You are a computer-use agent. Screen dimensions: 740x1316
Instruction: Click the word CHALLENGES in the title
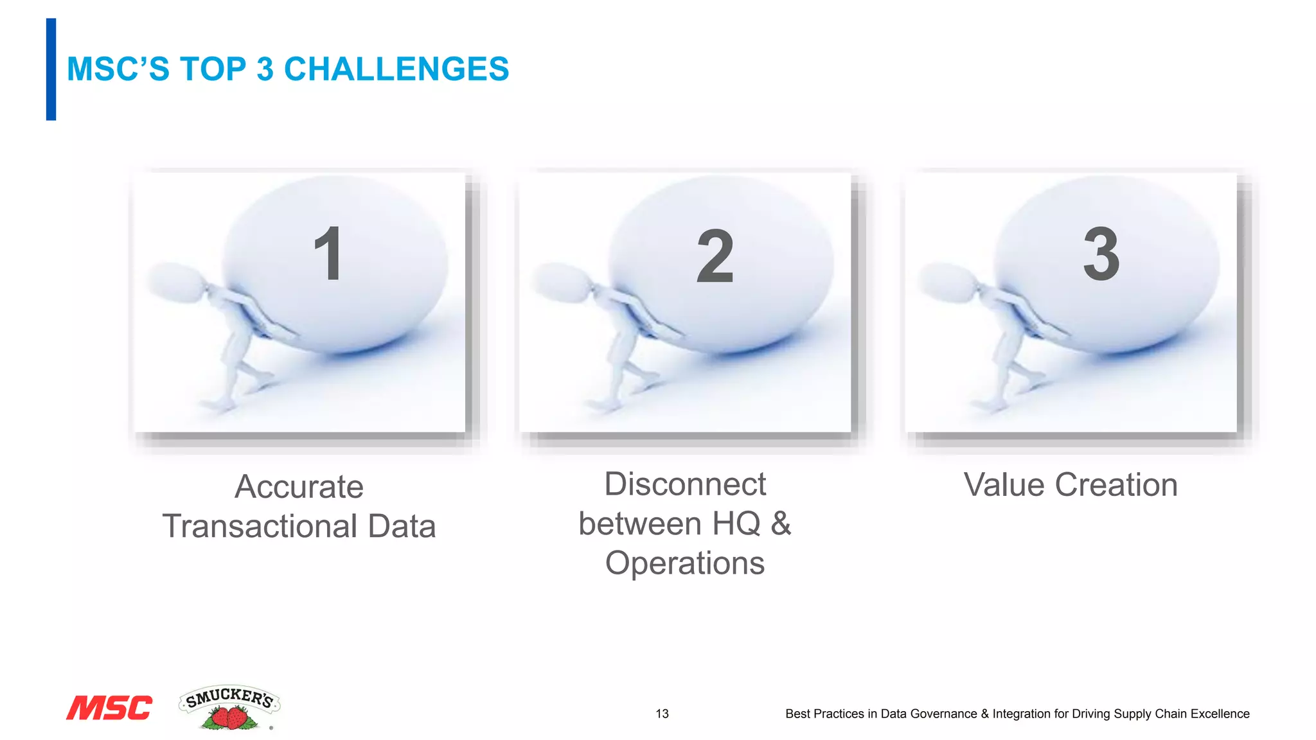coord(396,69)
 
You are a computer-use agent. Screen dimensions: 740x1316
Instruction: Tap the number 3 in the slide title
coord(265,69)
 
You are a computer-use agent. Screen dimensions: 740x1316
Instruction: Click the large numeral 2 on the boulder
coord(715,256)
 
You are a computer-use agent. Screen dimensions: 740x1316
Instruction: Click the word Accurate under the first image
coord(299,486)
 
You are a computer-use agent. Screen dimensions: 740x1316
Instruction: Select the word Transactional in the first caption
coord(260,526)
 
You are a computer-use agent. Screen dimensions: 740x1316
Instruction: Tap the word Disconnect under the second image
coord(685,484)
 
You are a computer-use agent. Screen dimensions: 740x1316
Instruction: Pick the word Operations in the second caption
coord(685,563)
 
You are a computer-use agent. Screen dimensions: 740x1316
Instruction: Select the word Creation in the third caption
coord(1116,484)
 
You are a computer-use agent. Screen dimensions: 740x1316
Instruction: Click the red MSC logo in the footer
coord(109,708)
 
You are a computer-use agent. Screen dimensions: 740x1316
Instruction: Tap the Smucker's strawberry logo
coord(229,707)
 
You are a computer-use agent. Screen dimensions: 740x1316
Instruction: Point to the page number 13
coord(662,714)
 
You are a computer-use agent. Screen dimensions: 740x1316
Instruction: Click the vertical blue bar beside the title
coord(51,69)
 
